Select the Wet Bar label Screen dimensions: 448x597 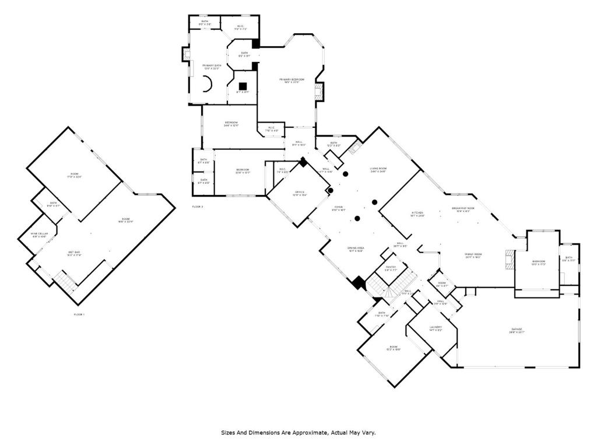click(x=73, y=253)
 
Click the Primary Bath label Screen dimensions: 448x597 click(x=212, y=66)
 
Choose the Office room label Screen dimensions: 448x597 click(x=298, y=192)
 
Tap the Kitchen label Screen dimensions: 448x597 click(x=417, y=213)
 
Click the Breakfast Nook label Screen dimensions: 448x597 click(x=463, y=208)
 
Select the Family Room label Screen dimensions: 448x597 click(x=473, y=254)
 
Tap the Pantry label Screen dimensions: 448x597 click(x=391, y=268)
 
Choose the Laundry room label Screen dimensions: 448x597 click(x=435, y=327)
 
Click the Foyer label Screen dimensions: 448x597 click(x=338, y=207)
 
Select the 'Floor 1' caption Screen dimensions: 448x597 click(x=79, y=314)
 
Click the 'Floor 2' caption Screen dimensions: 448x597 click(x=198, y=206)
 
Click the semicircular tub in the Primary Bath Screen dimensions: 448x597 click(x=207, y=85)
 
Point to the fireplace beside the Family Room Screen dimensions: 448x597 click(x=510, y=260)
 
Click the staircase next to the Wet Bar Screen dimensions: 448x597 click(x=66, y=283)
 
